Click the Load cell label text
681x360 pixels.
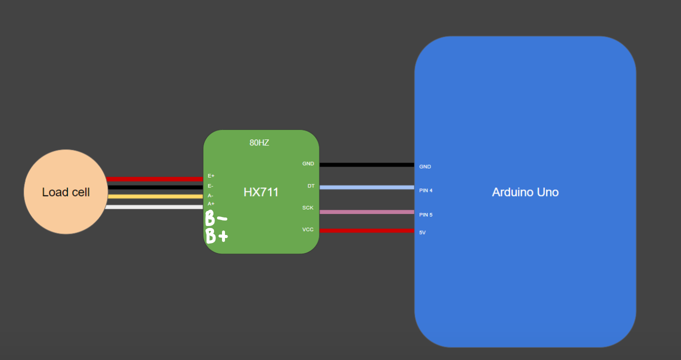pyautogui.click(x=65, y=192)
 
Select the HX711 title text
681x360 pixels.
pyautogui.click(x=261, y=192)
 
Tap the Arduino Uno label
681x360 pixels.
pyautogui.click(x=525, y=192)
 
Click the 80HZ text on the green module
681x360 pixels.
pyautogui.click(x=259, y=142)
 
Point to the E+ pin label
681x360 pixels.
pyautogui.click(x=211, y=176)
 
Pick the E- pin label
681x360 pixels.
pyautogui.click(x=210, y=186)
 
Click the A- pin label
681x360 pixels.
pyautogui.click(x=210, y=195)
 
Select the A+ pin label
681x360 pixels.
pyautogui.click(x=211, y=203)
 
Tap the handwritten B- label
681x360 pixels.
pyautogui.click(x=216, y=218)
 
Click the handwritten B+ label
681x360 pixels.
pyautogui.click(x=216, y=235)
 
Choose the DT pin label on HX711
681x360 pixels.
pyautogui.click(x=311, y=186)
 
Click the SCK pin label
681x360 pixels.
pyautogui.click(x=307, y=207)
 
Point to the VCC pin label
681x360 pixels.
pyautogui.click(x=307, y=229)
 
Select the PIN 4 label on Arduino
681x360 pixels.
pyautogui.click(x=425, y=190)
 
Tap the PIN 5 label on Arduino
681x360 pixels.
pyautogui.click(x=425, y=215)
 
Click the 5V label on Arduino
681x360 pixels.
pyautogui.click(x=422, y=232)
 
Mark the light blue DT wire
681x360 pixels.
pyautogui.click(x=366, y=187)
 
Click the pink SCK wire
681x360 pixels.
pyautogui.click(x=366, y=212)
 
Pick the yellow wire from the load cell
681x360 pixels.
pyautogui.click(x=155, y=196)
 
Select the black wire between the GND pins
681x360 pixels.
pyautogui.click(x=366, y=164)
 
